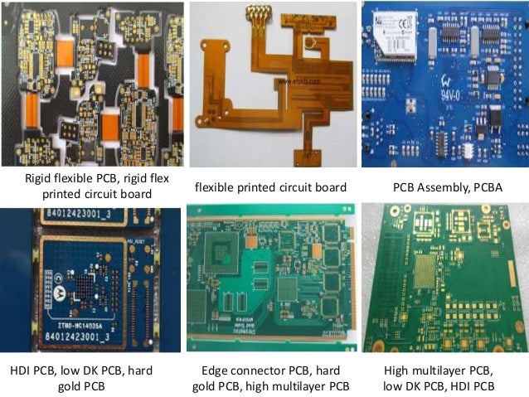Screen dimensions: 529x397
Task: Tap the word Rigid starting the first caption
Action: [39, 179]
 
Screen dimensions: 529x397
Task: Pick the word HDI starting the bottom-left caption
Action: [23, 370]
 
